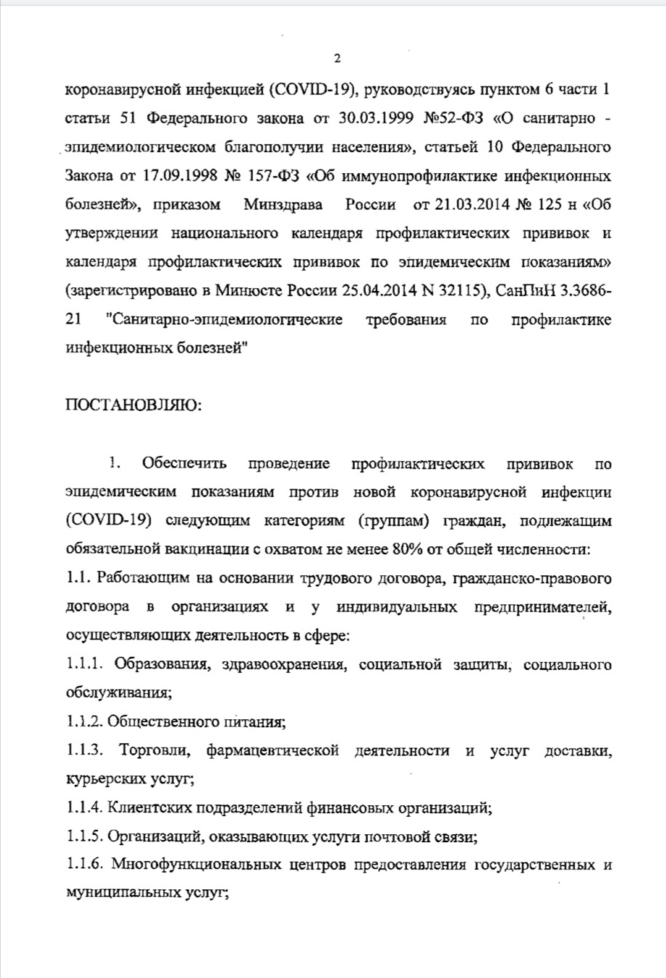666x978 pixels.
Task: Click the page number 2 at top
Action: (x=337, y=59)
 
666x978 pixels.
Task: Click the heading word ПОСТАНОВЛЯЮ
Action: (x=133, y=405)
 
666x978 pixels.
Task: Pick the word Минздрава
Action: (x=284, y=204)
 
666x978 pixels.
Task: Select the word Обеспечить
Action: (x=184, y=464)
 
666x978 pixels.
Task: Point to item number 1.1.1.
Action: (x=84, y=665)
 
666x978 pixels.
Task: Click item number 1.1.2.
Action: (x=84, y=722)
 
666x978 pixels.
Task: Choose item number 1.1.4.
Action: (x=84, y=808)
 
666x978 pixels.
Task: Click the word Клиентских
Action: (x=148, y=808)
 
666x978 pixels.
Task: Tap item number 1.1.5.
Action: (x=84, y=837)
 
